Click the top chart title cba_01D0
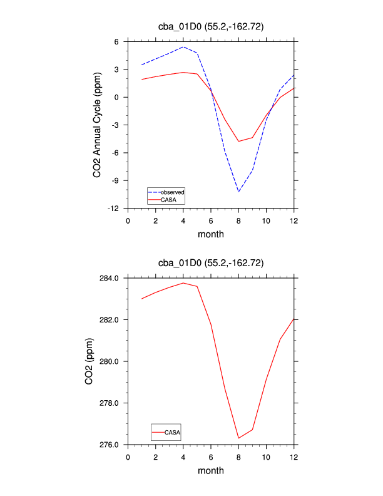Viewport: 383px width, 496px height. click(x=211, y=26)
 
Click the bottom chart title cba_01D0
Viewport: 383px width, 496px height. click(x=211, y=263)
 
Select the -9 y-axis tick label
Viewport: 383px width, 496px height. click(x=116, y=180)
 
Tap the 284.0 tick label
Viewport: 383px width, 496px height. click(x=111, y=278)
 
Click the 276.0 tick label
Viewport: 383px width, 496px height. click(x=111, y=445)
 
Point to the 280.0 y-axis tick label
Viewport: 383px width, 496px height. click(x=111, y=361)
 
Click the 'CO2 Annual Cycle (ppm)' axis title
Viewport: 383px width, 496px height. click(x=97, y=125)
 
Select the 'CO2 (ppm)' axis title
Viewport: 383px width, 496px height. click(x=91, y=361)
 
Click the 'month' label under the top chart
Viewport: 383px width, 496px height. click(x=211, y=234)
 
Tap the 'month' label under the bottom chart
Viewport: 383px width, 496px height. click(x=211, y=471)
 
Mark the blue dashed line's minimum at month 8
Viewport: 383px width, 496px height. click(x=239, y=192)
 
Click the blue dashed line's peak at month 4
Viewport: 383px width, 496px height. click(x=183, y=47)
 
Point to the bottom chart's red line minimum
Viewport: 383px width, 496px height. click(x=239, y=438)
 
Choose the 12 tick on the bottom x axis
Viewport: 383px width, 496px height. click(x=294, y=457)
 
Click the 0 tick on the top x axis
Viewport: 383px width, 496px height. click(x=128, y=220)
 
